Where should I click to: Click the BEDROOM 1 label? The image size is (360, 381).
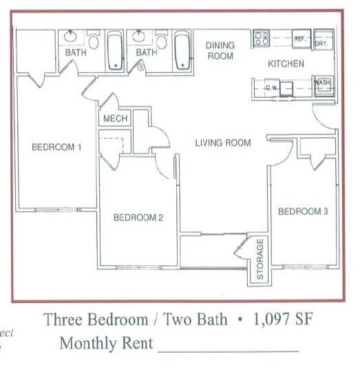[x=56, y=147]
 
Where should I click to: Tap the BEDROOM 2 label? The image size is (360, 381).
[x=138, y=218]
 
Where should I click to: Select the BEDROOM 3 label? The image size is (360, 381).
[x=303, y=212]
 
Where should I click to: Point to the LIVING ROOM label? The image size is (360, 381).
[x=222, y=143]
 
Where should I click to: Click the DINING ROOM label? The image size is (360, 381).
[x=220, y=50]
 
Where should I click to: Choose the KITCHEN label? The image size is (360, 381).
[x=286, y=64]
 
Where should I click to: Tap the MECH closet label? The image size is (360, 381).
[x=115, y=119]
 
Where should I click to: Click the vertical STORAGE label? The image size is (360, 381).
[x=260, y=259]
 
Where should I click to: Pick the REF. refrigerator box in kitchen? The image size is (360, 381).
[x=300, y=40]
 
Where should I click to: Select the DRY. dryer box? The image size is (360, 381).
[x=321, y=41]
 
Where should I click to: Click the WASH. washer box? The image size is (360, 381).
[x=322, y=83]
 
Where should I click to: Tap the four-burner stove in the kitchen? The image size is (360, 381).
[x=261, y=38]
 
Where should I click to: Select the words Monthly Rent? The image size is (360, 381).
[x=106, y=342]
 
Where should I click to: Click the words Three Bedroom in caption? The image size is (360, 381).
[x=96, y=320]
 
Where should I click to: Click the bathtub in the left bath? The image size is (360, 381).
[x=115, y=51]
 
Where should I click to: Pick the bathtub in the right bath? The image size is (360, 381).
[x=182, y=50]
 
